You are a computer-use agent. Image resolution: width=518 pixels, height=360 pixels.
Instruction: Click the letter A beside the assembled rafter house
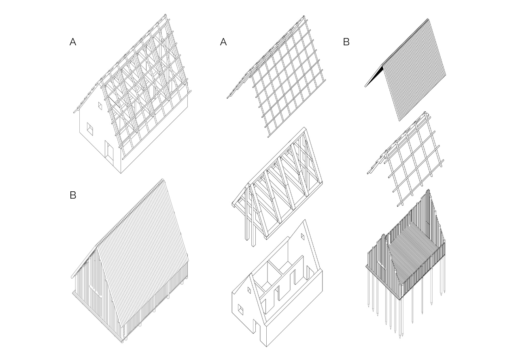point(73,42)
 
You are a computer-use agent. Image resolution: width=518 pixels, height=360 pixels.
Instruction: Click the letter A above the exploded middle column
point(223,42)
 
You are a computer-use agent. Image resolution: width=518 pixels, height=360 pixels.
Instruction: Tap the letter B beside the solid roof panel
point(346,42)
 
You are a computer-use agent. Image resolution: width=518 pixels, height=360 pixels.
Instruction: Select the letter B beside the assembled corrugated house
point(73,195)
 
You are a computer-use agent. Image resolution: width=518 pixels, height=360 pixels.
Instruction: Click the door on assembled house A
point(109,150)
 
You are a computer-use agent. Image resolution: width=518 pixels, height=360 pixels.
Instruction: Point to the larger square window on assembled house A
point(90,129)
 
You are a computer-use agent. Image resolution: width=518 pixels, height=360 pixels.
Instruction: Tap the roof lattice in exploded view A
point(283,81)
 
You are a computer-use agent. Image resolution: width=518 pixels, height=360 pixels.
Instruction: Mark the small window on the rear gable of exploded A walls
point(302,236)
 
